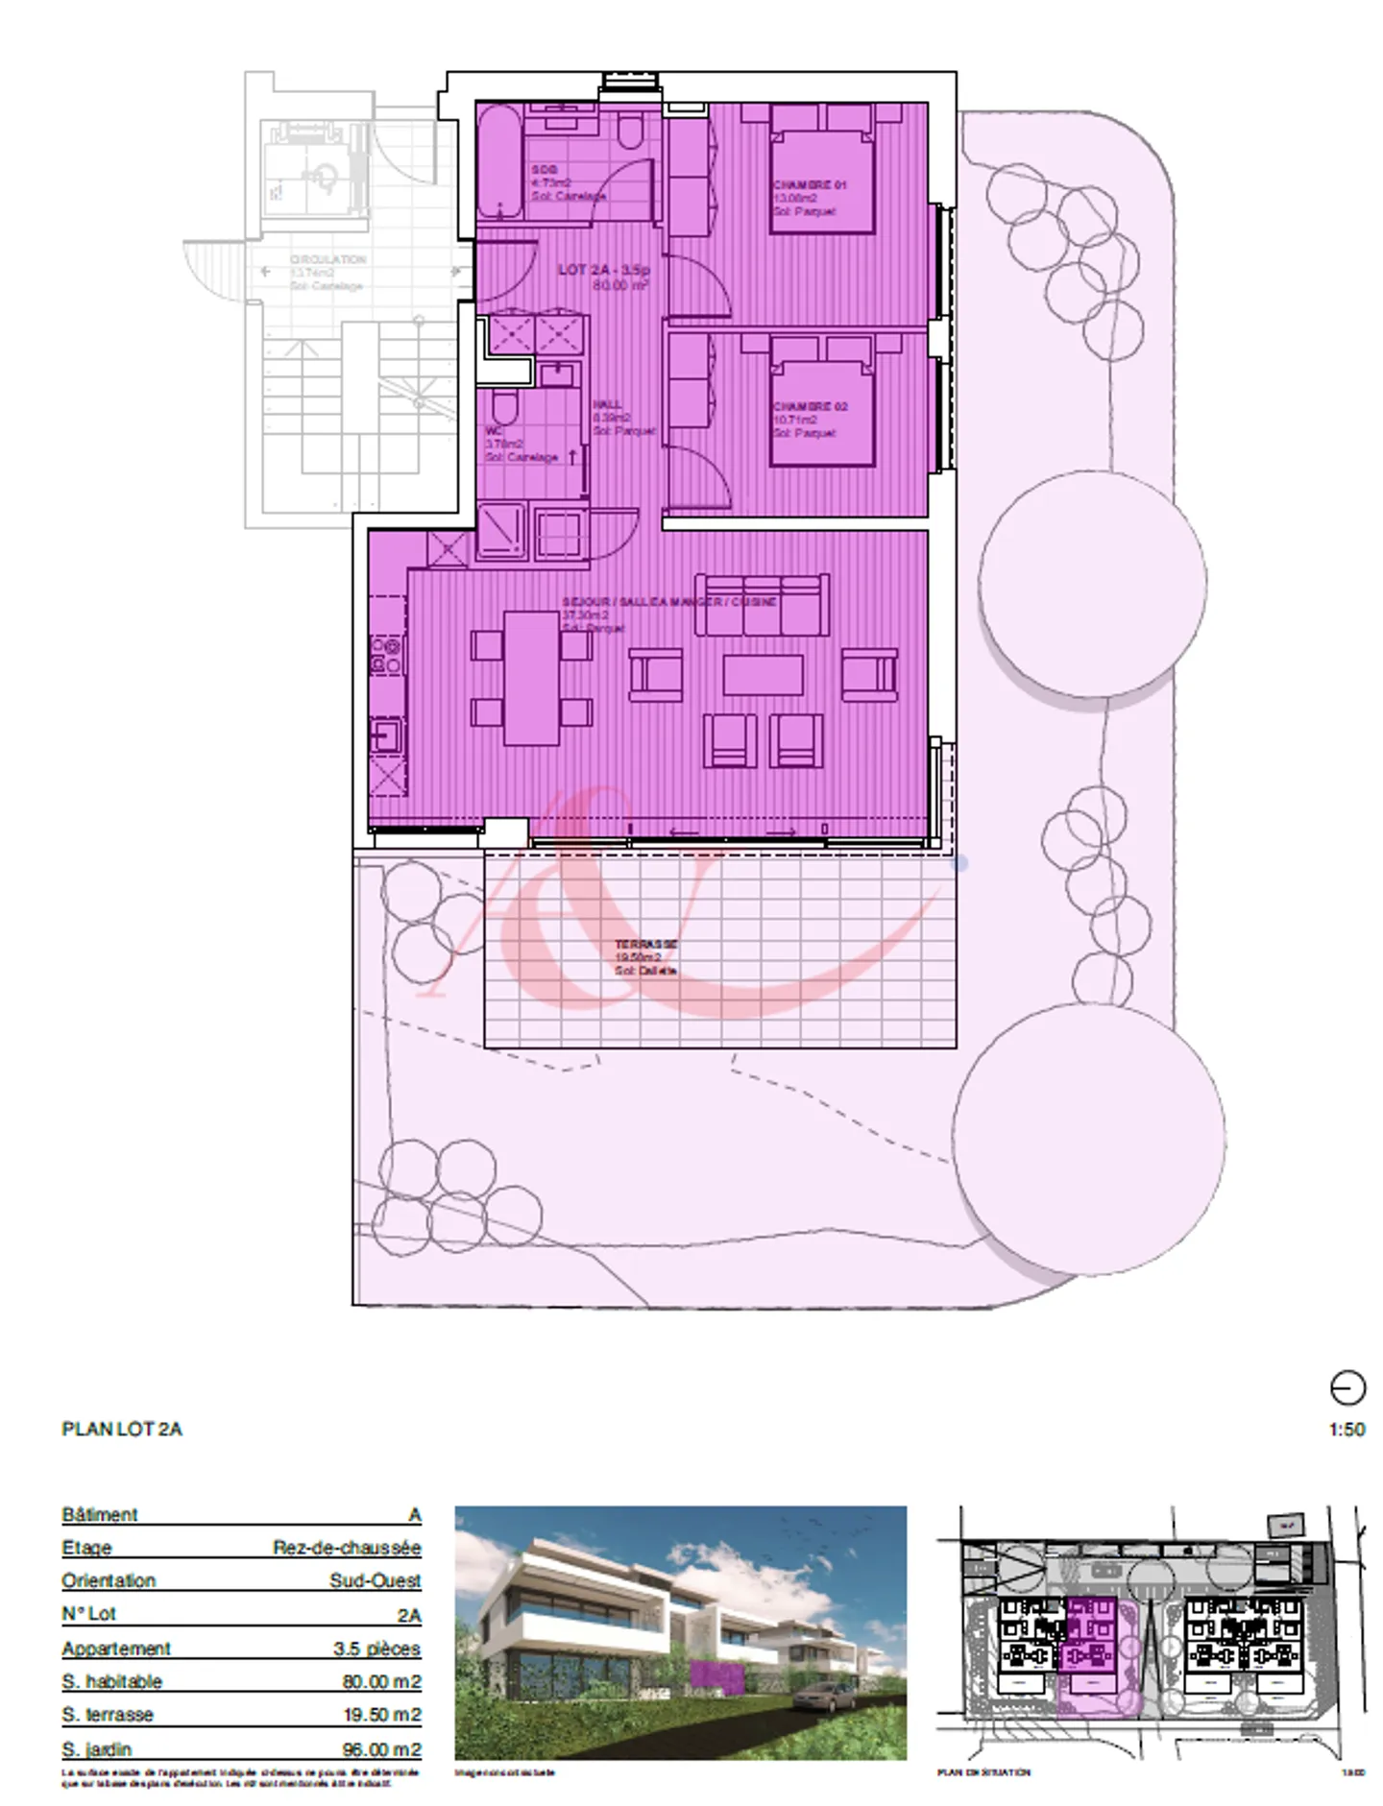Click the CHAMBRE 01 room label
coord(809,184)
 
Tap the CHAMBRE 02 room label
coord(810,406)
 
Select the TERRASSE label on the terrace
coord(645,944)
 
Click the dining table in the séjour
coord(531,678)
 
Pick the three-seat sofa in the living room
coord(762,605)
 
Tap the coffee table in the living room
coord(763,674)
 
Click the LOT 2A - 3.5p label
coord(604,270)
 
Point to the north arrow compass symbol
coord(1347,1388)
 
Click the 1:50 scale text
coord(1347,1430)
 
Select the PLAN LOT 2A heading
coord(122,1429)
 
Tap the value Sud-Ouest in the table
coord(375,1580)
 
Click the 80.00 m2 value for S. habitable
coord(381,1681)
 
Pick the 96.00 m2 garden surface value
coord(381,1749)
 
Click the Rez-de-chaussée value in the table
coord(347,1548)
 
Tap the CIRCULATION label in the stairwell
coord(328,259)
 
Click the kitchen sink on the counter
coord(387,736)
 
